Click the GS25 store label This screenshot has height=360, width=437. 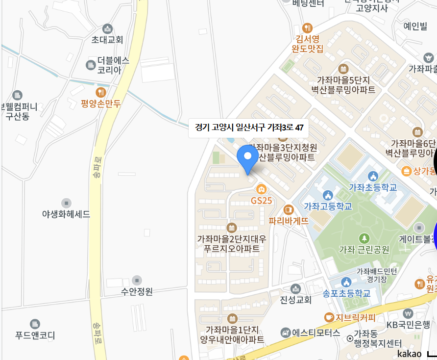pyautogui.click(x=261, y=200)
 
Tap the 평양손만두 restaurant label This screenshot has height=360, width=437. pyautogui.click(x=101, y=103)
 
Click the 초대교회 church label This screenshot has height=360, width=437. pyautogui.click(x=107, y=39)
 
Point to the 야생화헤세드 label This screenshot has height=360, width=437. pyautogui.click(x=66, y=214)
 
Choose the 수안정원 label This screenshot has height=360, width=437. pyautogui.click(x=137, y=291)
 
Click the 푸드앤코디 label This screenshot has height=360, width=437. pyautogui.click(x=35, y=335)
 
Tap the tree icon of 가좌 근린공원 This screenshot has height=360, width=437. pyautogui.click(x=364, y=238)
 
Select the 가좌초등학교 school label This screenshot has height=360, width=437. pyautogui.click(x=373, y=187)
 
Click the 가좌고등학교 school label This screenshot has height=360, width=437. pyautogui.click(x=328, y=206)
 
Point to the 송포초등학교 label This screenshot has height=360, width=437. pyautogui.click(x=346, y=293)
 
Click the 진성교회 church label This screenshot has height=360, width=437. pyautogui.click(x=295, y=299)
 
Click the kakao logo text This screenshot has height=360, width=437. pyautogui.click(x=409, y=354)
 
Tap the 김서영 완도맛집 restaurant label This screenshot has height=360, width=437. pyautogui.click(x=307, y=43)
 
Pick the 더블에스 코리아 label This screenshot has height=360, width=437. pyautogui.click(x=113, y=65)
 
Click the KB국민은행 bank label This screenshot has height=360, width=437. pyautogui.click(x=408, y=324)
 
